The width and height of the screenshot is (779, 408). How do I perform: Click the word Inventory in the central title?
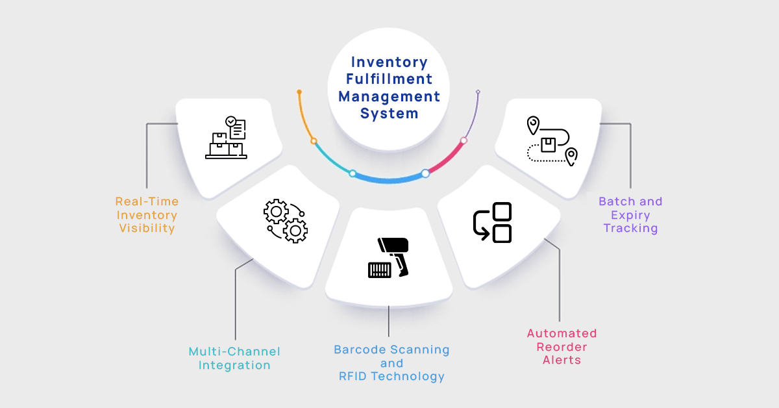point(389,62)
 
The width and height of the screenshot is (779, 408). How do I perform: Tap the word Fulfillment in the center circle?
point(389,79)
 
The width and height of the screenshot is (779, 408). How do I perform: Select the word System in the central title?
point(389,113)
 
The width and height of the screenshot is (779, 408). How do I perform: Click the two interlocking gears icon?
point(286,222)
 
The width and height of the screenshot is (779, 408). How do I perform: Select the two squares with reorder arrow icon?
point(492,223)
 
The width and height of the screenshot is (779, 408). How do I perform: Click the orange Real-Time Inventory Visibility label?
point(147,215)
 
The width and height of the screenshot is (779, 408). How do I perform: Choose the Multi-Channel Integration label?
point(234,358)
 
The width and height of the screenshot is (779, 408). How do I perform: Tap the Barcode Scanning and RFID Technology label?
point(391,363)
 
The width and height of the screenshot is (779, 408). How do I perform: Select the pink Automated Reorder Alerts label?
point(562,346)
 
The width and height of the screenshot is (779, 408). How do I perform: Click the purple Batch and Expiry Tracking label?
point(630,215)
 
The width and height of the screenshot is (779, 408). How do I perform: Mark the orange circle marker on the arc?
point(314,140)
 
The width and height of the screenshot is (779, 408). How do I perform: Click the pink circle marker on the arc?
point(464,140)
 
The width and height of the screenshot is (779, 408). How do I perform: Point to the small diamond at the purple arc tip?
point(478,92)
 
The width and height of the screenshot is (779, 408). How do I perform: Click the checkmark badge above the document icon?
point(230,121)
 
